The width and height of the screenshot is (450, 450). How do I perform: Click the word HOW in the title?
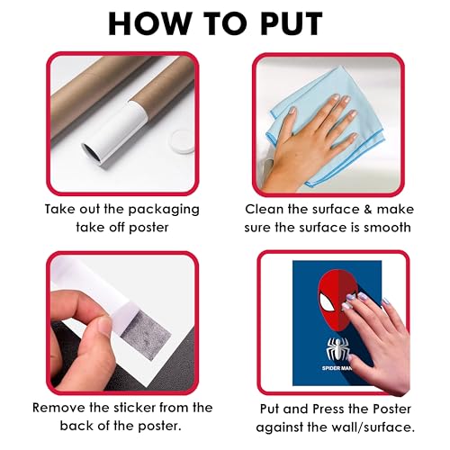(149, 23)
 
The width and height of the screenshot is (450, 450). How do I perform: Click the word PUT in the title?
(292, 23)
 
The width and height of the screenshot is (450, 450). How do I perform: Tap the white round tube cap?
(183, 141)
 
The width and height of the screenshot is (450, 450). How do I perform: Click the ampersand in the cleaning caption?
(368, 210)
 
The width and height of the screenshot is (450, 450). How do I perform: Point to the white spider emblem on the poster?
(337, 349)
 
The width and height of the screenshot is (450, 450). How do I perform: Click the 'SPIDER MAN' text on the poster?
(336, 368)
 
